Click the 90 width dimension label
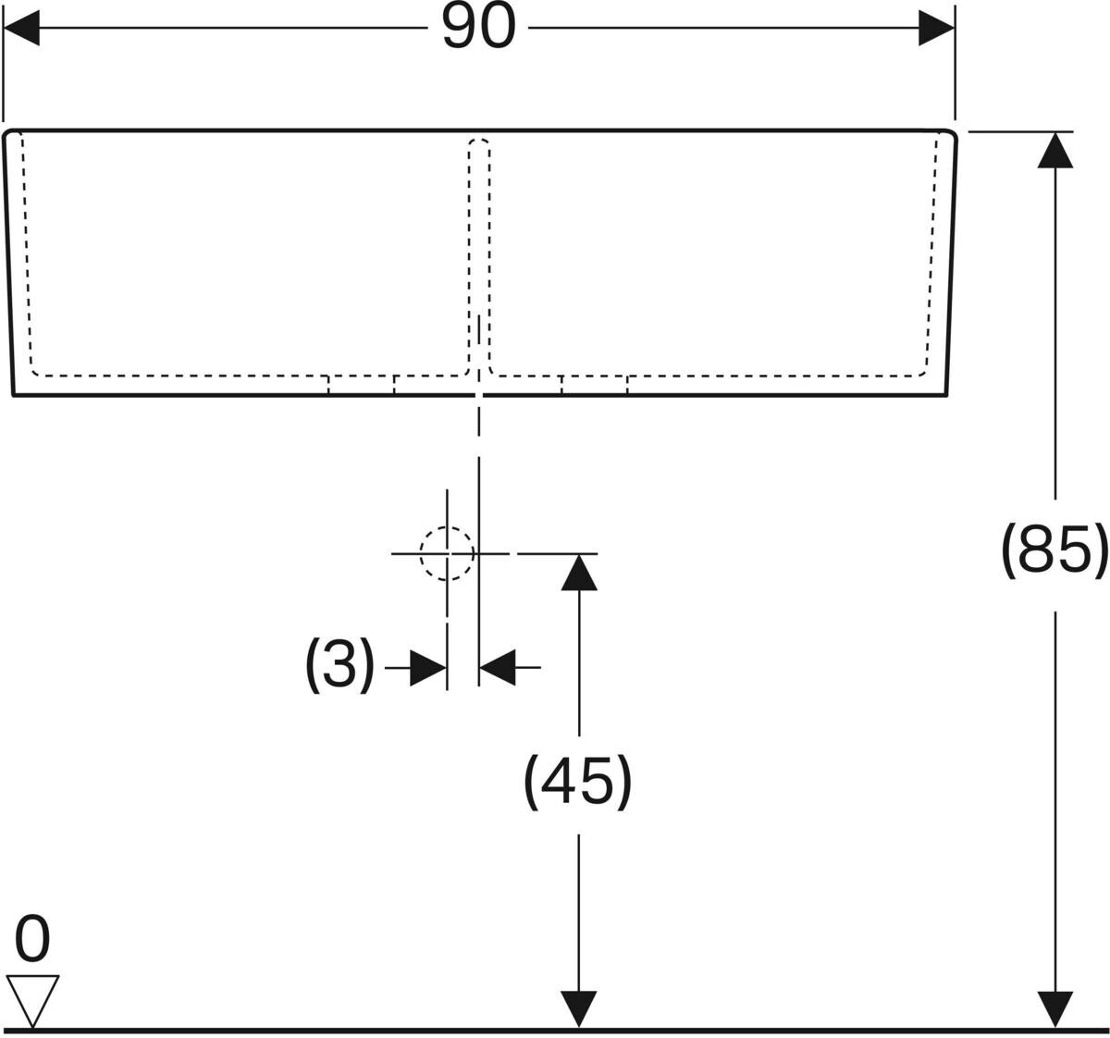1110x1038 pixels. (477, 27)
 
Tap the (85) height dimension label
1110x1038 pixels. (1054, 550)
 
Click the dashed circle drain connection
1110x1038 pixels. (447, 553)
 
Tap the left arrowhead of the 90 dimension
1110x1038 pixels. (22, 28)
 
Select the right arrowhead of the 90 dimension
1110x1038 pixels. (936, 28)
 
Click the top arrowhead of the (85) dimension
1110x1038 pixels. (1055, 150)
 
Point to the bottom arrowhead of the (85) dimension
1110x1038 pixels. (1055, 1008)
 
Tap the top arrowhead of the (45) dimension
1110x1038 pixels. (579, 572)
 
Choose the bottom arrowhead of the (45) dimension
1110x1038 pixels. (579, 1008)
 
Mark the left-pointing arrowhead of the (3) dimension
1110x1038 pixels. (497, 667)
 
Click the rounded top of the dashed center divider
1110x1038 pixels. (479, 142)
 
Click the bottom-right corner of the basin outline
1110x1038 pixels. (945, 393)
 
